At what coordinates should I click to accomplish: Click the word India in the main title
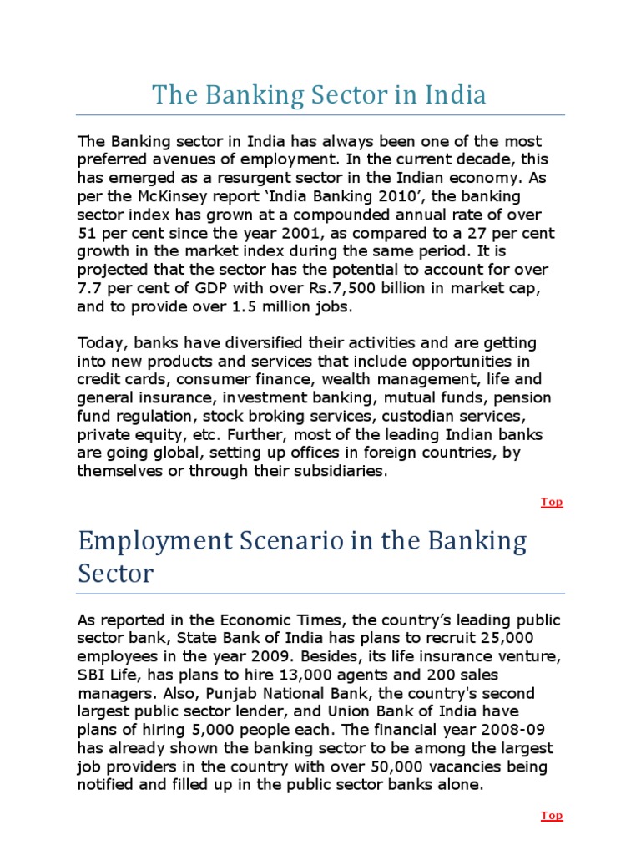[454, 95]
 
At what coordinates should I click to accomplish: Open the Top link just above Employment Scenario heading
[552, 502]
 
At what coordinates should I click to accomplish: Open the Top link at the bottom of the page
[552, 816]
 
